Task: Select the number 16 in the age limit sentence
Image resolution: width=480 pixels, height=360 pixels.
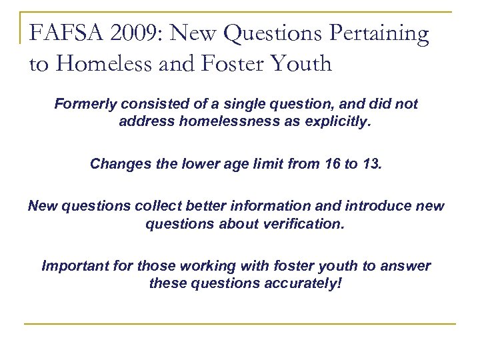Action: [337, 164]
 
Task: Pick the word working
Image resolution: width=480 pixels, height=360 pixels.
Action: [191, 266]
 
